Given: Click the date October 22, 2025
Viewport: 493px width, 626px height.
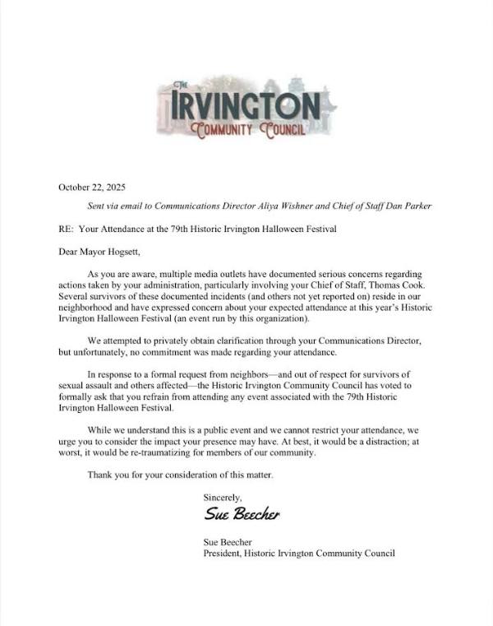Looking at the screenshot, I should coord(92,187).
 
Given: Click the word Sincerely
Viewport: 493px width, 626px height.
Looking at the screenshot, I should coord(223,497).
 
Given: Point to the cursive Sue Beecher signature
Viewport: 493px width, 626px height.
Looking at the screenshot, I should coord(242,515).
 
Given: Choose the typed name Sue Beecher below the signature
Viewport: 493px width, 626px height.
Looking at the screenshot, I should coord(228,541).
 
